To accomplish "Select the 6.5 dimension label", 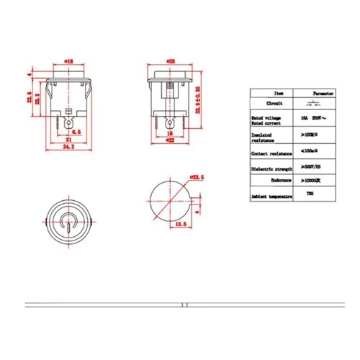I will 75,132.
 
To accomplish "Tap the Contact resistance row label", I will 268,153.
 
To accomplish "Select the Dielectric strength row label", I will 269,169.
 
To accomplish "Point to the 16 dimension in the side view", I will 170,132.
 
